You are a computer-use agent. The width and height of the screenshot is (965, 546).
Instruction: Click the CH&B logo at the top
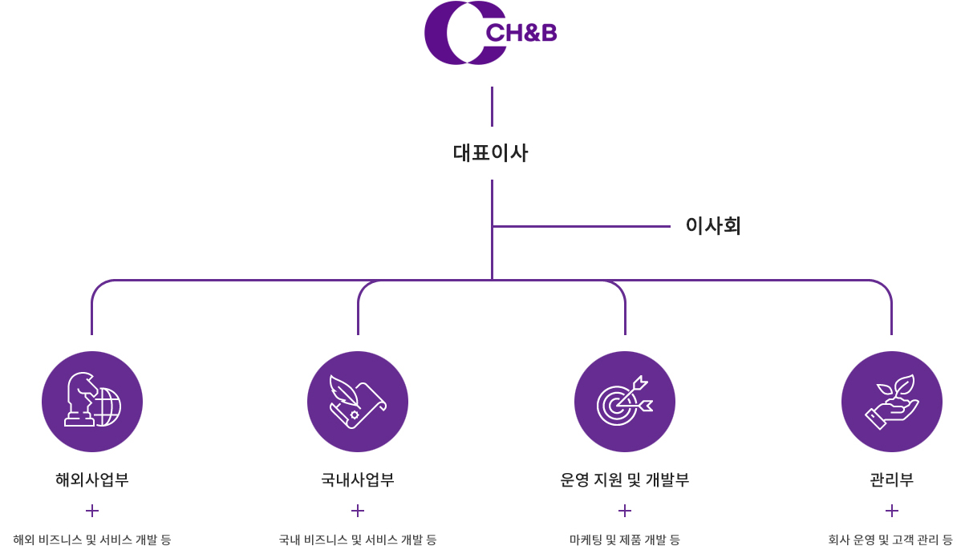pos(490,33)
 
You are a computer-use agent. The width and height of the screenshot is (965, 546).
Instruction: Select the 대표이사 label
pos(490,153)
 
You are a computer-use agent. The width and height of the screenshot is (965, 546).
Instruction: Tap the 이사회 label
pos(713,226)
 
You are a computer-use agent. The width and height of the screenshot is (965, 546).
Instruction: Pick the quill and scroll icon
pos(358,402)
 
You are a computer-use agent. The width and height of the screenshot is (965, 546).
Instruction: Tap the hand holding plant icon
pos(892,402)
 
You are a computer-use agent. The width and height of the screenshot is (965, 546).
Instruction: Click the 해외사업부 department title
pos(92,479)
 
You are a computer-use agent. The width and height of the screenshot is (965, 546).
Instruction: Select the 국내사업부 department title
pos(358,479)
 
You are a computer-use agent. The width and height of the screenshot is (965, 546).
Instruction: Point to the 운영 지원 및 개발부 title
pos(625,479)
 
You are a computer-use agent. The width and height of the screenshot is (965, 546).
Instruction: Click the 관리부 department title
pos(892,479)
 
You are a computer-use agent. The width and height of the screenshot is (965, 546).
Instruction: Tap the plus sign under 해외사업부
pos(92,511)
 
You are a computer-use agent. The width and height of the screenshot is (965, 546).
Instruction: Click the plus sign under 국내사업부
pos(358,511)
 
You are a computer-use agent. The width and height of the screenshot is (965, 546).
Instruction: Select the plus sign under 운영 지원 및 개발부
pos(625,511)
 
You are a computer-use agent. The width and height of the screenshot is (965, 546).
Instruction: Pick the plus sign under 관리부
pos(892,511)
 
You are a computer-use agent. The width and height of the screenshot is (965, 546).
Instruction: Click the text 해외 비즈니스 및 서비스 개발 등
pos(92,540)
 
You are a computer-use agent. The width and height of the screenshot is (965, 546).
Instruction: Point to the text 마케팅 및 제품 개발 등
pos(625,540)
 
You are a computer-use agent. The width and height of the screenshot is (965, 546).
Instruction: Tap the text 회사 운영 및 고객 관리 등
pos(890,540)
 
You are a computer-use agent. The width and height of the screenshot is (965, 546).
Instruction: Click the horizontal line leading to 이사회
pos(582,226)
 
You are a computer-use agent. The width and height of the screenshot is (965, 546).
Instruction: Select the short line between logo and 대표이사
pos(492,107)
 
